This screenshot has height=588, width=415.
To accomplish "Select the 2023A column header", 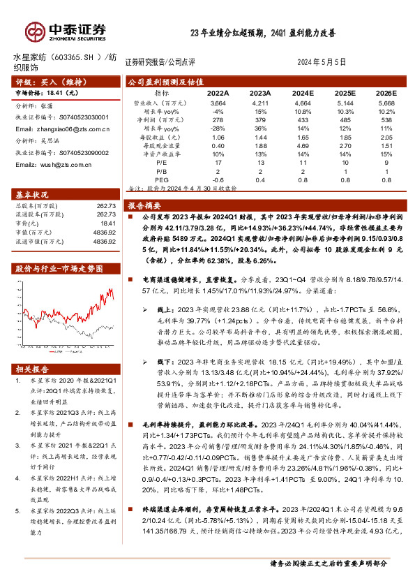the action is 259,92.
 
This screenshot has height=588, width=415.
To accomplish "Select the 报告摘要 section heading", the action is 145,206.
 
